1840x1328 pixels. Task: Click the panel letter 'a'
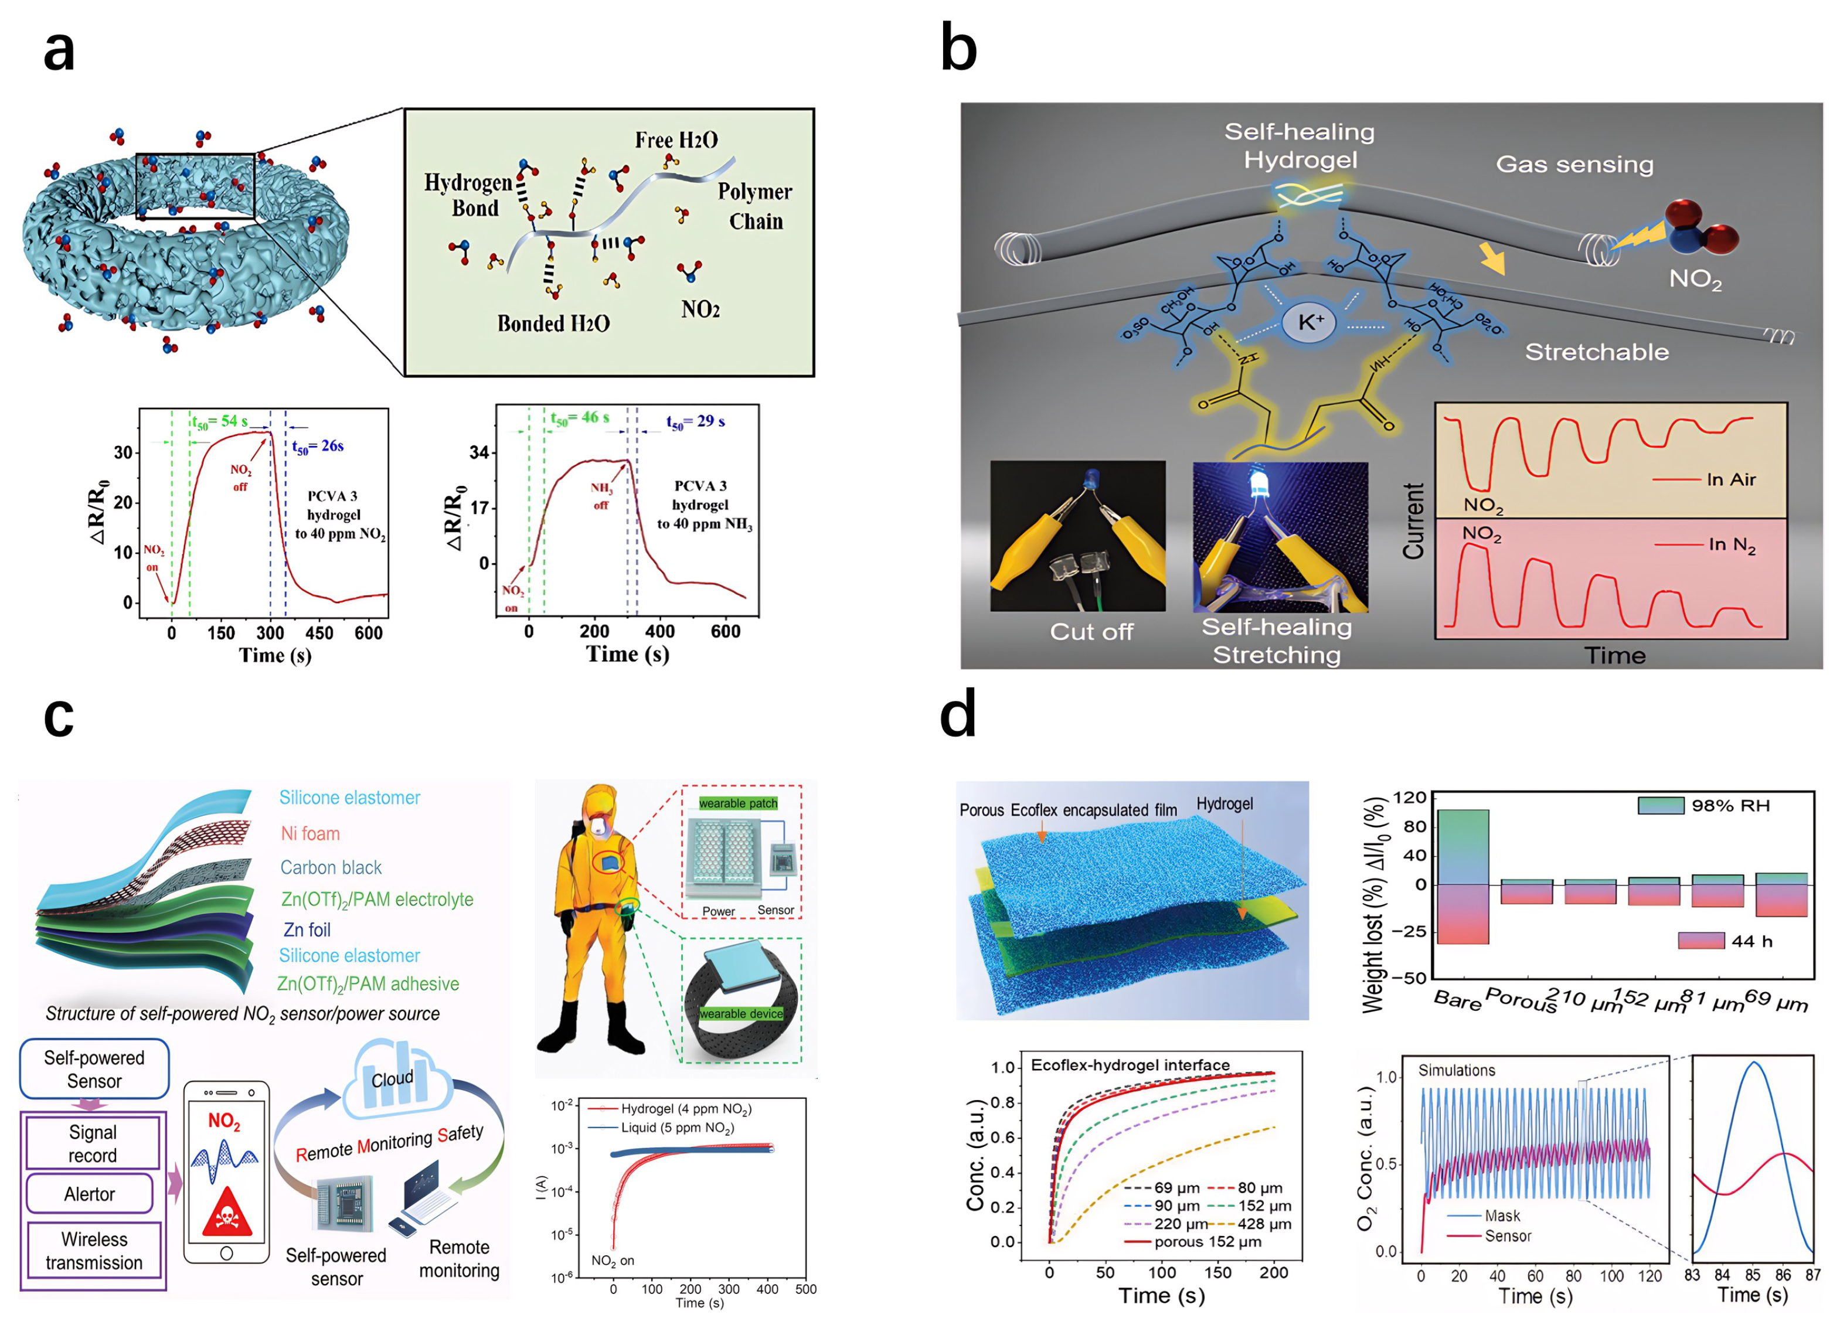tap(59, 50)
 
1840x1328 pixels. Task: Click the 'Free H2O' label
tap(676, 140)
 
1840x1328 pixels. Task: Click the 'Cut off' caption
tap(1091, 631)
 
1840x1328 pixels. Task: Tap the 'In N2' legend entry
tap(1732, 544)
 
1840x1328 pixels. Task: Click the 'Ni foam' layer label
tap(310, 833)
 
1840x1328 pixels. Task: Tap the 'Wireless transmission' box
tap(94, 1250)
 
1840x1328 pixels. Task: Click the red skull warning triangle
tap(225, 1213)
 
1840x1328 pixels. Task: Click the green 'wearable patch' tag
tap(737, 803)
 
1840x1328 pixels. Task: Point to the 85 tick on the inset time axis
tap(1753, 1275)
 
